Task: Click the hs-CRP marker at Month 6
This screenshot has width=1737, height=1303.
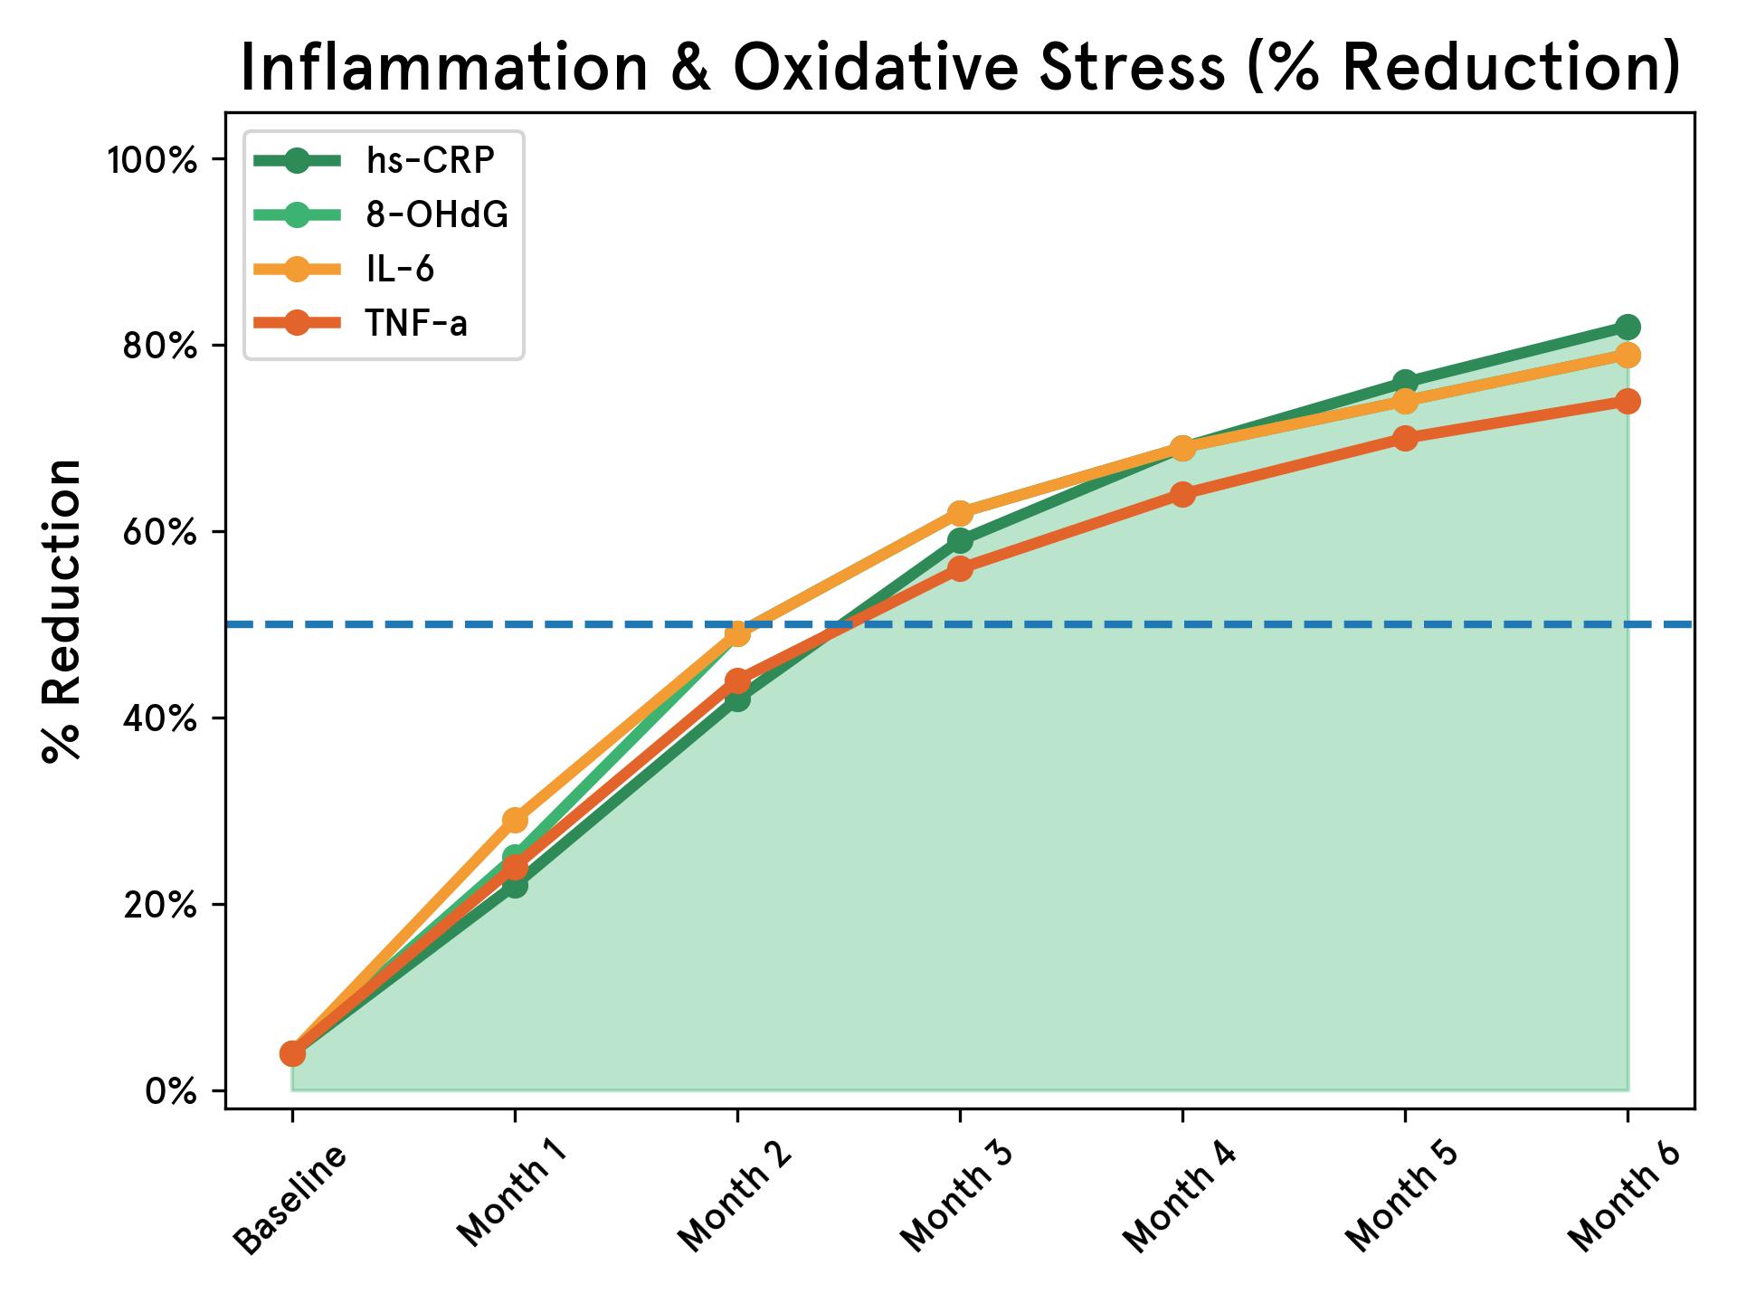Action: (x=1628, y=327)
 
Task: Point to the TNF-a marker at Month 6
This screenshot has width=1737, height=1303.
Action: (x=1628, y=401)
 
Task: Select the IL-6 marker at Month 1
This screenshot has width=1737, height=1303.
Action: (x=515, y=820)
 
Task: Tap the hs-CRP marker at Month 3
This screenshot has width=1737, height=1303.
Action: (x=960, y=541)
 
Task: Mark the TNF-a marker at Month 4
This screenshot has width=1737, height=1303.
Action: (x=1182, y=494)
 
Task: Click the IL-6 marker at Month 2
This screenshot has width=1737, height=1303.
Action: (x=737, y=633)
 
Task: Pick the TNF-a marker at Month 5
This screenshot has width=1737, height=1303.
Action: (x=1405, y=438)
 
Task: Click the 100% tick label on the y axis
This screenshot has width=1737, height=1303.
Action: (x=152, y=160)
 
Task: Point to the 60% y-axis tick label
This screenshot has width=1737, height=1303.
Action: (x=159, y=532)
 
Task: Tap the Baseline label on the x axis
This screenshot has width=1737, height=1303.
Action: (x=289, y=1200)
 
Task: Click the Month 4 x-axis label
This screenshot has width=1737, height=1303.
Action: (x=1180, y=1200)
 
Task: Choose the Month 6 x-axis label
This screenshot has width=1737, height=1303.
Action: (x=1625, y=1200)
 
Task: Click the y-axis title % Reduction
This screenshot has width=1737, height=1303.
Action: (x=62, y=611)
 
